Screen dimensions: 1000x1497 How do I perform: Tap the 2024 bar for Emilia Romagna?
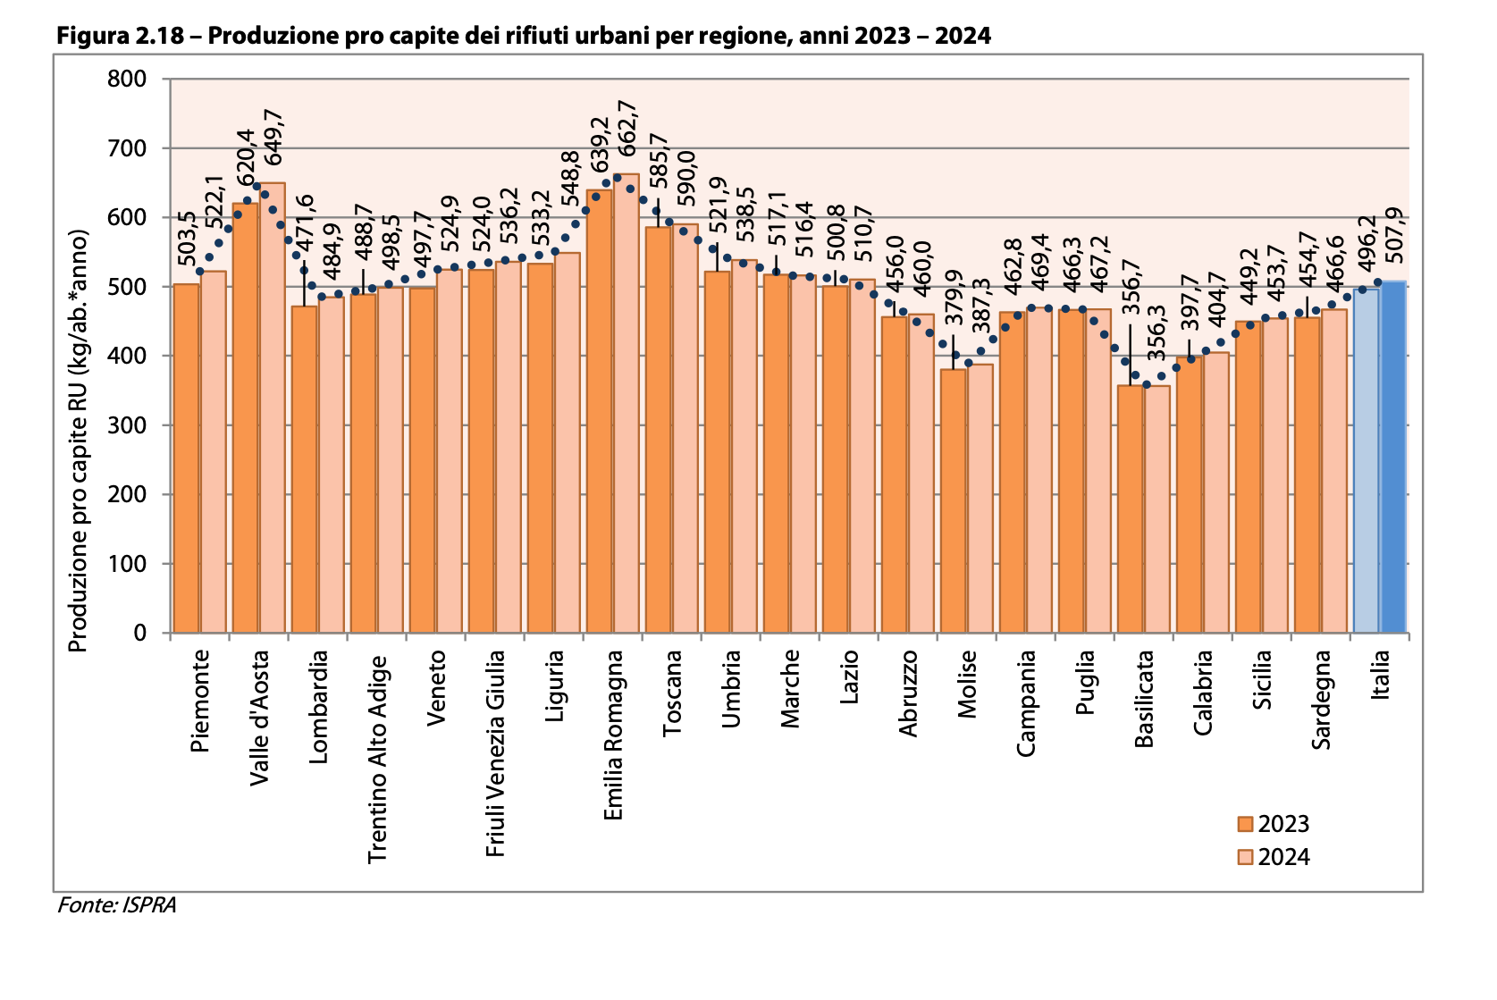point(627,403)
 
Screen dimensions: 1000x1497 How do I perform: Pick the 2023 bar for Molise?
point(954,500)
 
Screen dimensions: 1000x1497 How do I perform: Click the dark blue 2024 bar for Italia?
point(1393,457)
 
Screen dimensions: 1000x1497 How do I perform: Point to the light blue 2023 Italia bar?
point(1367,460)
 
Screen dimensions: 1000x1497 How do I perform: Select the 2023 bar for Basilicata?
point(1131,508)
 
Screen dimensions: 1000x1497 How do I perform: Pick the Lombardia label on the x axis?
point(319,707)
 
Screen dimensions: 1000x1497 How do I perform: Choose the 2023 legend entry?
point(1273,824)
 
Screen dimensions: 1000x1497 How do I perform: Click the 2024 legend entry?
point(1273,857)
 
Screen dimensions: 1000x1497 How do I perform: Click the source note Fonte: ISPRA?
point(117,905)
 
